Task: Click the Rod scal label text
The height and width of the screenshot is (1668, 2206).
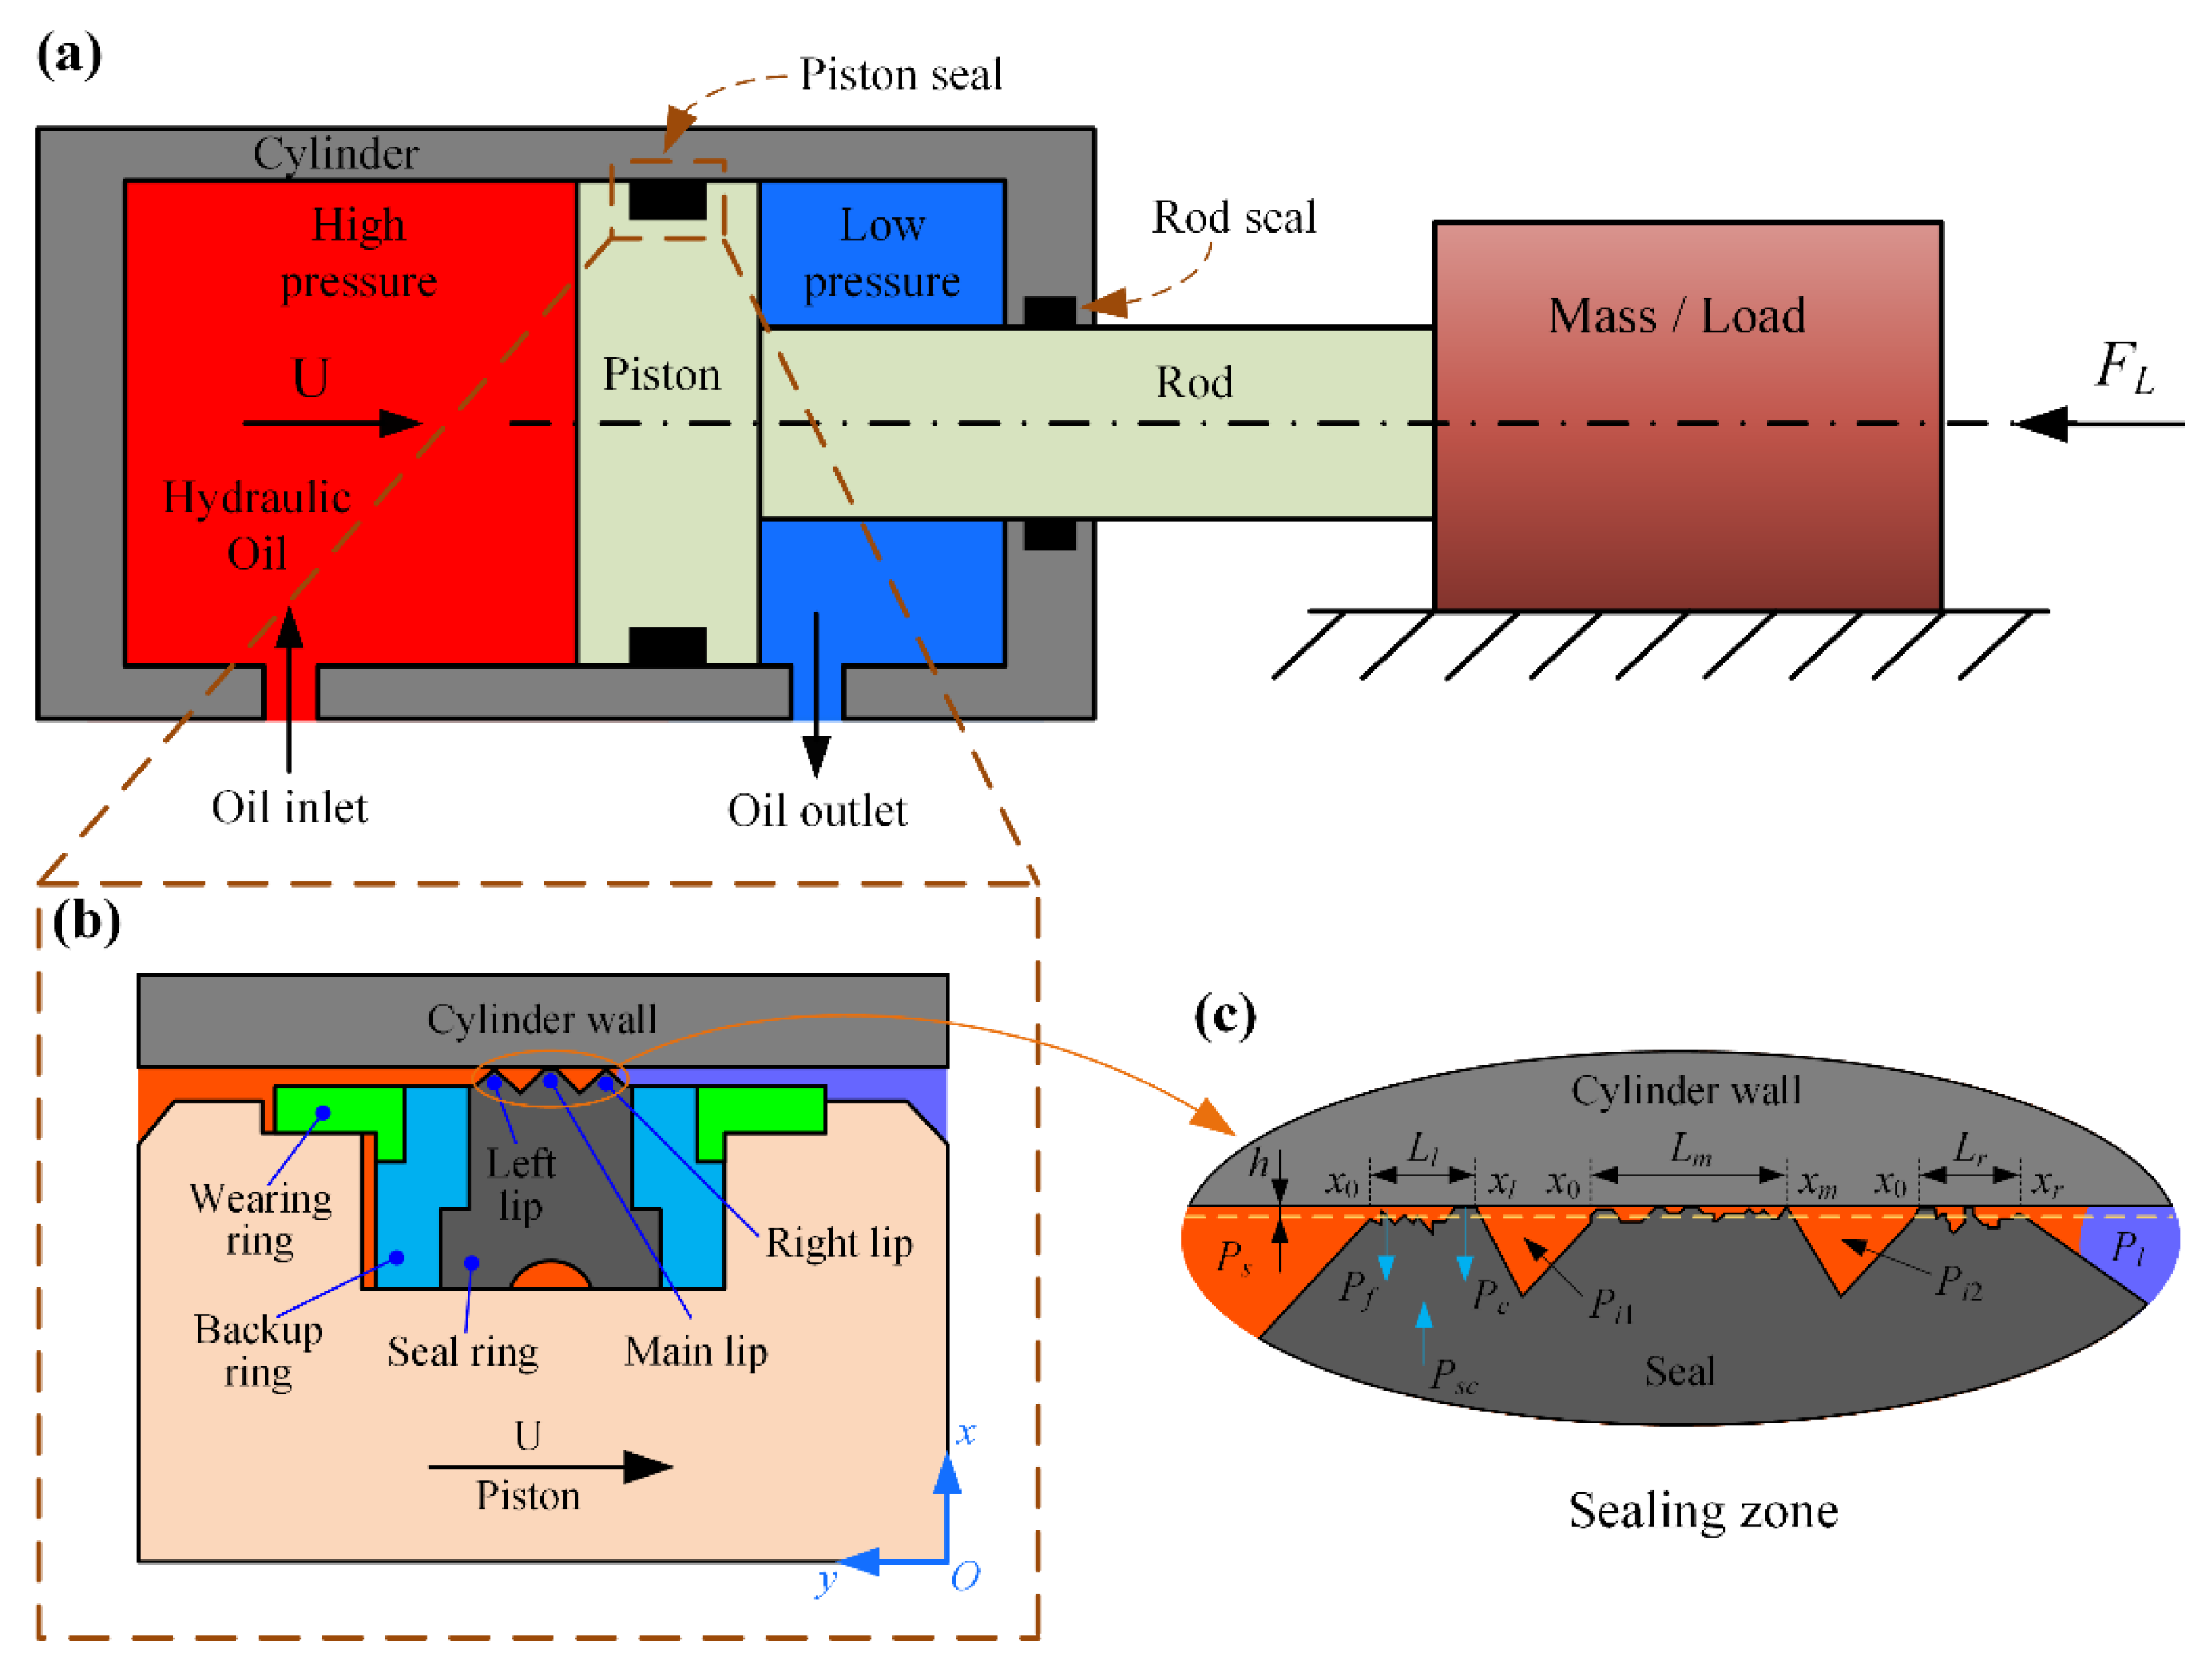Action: [1234, 217]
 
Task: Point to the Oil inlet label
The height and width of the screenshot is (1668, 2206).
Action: [289, 808]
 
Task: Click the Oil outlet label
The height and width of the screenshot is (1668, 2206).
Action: [816, 811]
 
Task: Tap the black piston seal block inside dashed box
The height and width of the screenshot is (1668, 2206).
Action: [667, 199]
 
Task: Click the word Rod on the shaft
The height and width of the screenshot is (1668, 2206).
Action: [1193, 383]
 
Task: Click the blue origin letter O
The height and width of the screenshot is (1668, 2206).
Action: [965, 1576]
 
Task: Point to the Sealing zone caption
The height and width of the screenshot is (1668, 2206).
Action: [1702, 1511]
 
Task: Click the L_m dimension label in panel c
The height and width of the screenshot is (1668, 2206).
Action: [1691, 1148]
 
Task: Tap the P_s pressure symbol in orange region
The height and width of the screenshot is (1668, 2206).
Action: [1234, 1257]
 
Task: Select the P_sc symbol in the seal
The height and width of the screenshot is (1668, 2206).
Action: [1452, 1376]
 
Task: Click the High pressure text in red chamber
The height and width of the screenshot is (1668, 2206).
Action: [358, 253]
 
